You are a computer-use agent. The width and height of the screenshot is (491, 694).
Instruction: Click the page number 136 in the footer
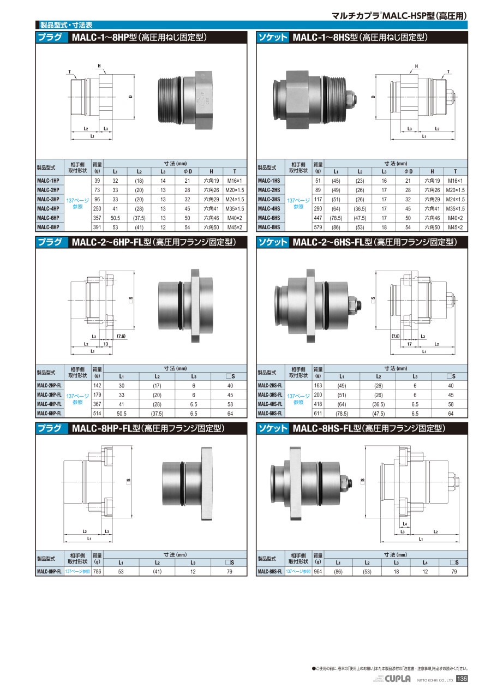[462, 687]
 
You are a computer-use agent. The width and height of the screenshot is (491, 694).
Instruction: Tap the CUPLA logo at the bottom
[398, 687]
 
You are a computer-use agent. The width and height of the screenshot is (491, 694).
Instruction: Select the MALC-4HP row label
[48, 208]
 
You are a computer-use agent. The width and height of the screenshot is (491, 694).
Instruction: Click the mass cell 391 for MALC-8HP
[97, 227]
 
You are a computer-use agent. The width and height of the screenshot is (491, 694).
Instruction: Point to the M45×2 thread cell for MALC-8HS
[455, 227]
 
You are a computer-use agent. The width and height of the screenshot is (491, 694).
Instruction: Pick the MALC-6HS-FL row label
[270, 414]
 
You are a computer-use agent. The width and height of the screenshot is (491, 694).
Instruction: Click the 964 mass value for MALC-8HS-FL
[318, 571]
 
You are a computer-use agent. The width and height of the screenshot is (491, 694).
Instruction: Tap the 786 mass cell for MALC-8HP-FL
[97, 571]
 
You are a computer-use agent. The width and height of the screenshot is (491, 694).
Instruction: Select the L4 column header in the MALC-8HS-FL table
[425, 563]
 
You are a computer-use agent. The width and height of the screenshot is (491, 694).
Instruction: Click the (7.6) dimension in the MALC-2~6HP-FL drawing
[121, 336]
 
